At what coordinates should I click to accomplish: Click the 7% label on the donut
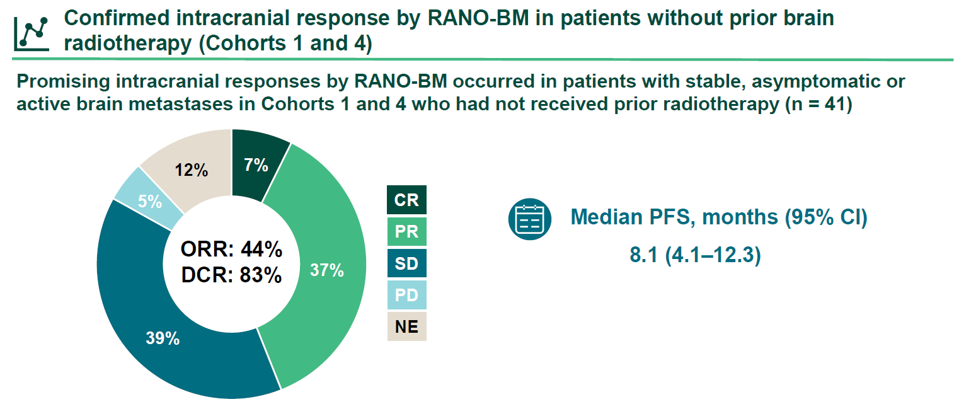[256, 166]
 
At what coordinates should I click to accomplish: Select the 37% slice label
[326, 270]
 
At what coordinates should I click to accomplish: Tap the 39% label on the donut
[163, 338]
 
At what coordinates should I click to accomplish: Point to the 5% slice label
[150, 202]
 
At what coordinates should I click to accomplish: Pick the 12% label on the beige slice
[192, 170]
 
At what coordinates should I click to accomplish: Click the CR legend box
[406, 200]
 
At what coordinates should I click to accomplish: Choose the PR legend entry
[406, 231]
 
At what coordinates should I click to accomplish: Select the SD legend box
[406, 263]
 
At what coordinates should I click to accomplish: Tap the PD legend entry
[406, 294]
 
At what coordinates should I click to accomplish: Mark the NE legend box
[406, 326]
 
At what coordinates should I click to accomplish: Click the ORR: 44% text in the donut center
[231, 250]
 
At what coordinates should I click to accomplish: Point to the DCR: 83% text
[231, 275]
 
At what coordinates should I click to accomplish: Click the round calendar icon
[529, 219]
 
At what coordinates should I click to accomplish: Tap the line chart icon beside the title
[32, 32]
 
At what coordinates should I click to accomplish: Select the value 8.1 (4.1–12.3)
[695, 256]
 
